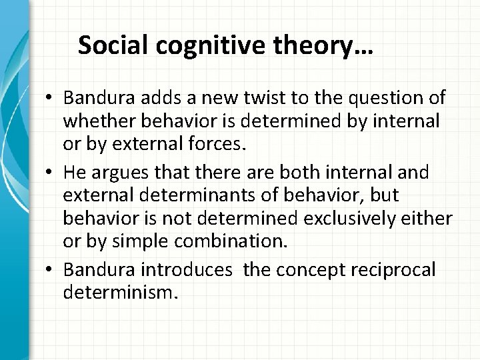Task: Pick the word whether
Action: click(93, 122)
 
